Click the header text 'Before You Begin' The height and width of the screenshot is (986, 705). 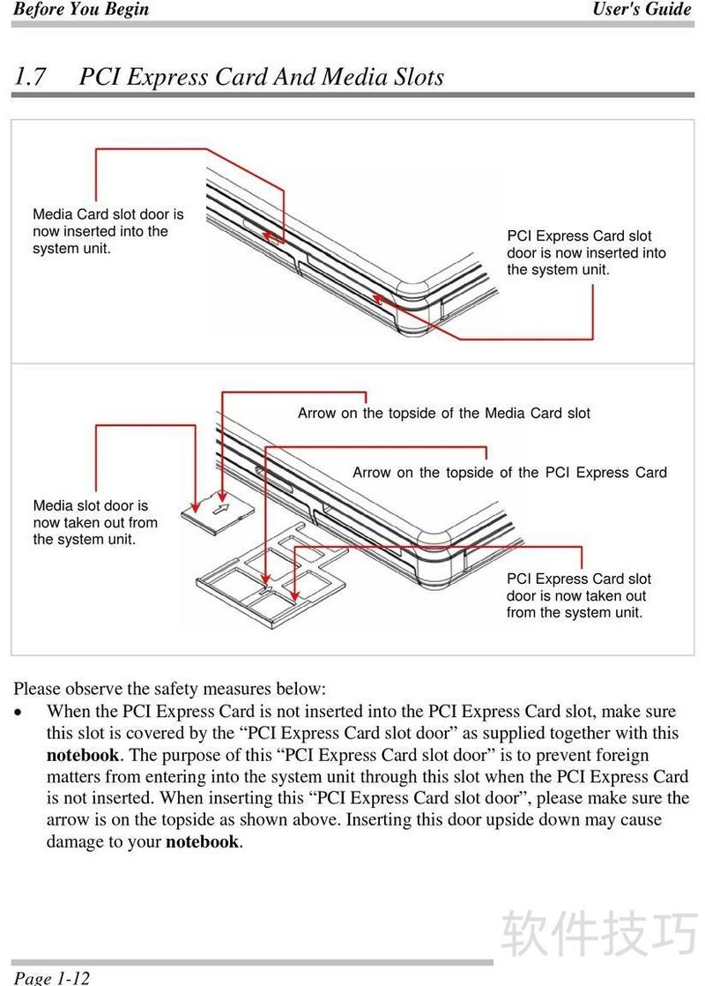point(81,10)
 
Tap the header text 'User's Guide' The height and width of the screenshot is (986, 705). point(642,10)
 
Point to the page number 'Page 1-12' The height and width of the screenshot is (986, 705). point(52,977)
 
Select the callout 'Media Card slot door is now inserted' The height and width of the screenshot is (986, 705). point(108,231)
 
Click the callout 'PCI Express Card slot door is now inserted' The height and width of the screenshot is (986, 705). point(586,253)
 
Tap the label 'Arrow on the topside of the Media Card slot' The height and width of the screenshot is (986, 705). point(443,413)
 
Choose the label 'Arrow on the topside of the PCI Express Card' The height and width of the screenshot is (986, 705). point(509,473)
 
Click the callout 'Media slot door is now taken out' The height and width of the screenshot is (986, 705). point(95,522)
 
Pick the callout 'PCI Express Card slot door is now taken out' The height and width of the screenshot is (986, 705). point(578,595)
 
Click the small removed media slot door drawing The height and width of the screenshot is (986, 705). point(217,512)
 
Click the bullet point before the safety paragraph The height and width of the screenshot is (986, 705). point(19,712)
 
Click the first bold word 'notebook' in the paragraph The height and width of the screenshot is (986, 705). point(82,755)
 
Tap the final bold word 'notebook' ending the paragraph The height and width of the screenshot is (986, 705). point(202,841)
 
